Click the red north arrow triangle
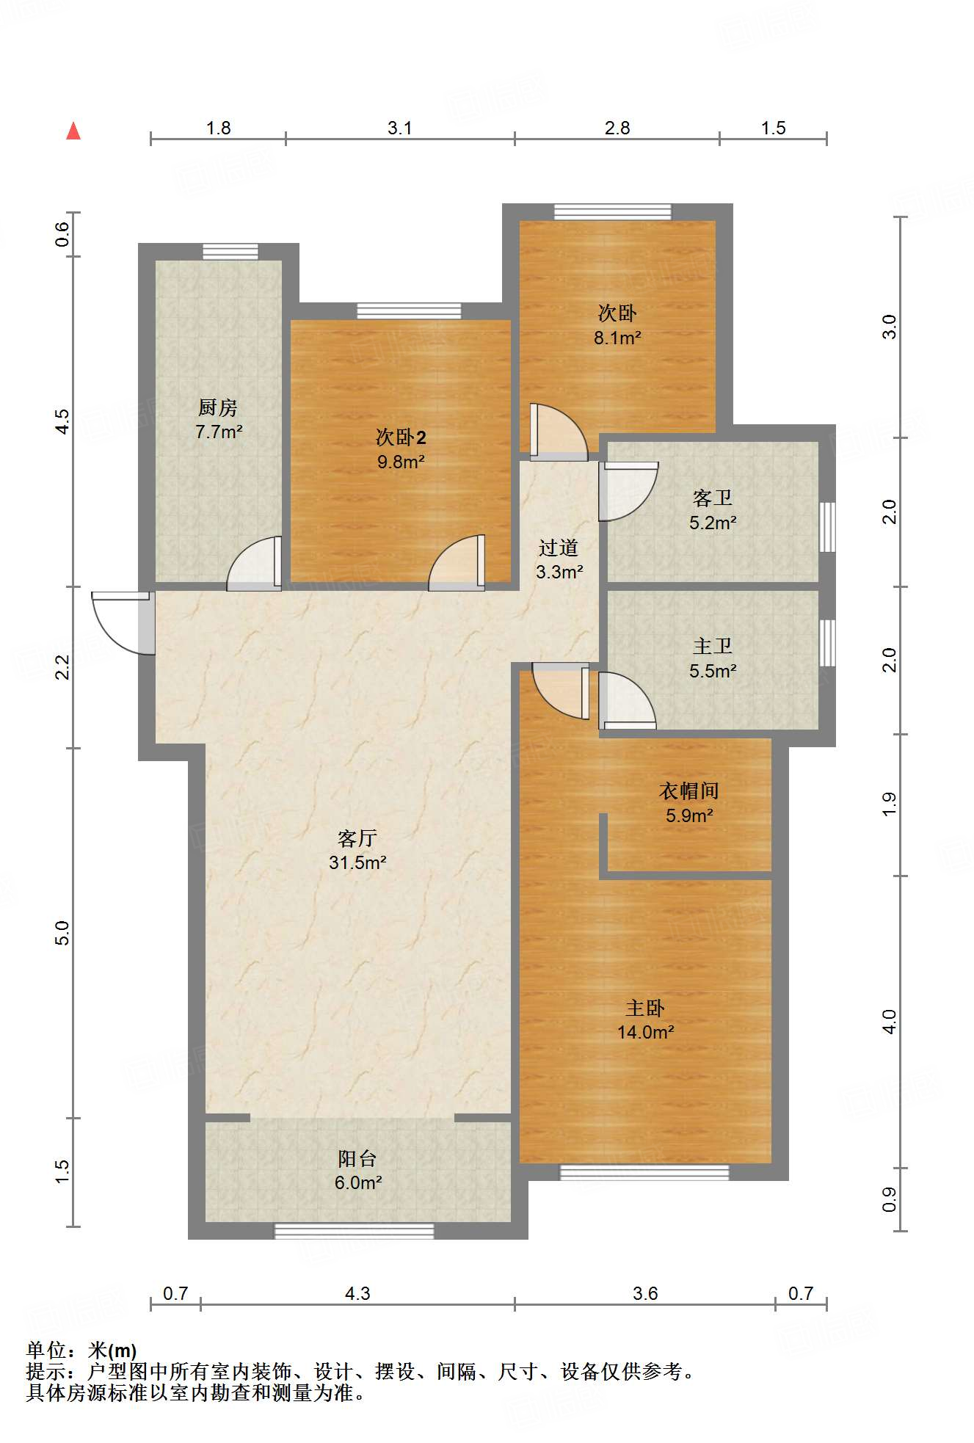[73, 131]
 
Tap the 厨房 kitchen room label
[218, 407]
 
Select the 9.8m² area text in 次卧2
[401, 462]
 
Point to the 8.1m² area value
[617, 338]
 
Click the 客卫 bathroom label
[713, 498]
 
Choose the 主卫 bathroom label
[713, 646]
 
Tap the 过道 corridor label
[559, 548]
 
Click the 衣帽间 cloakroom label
[689, 790]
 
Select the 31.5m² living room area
[357, 862]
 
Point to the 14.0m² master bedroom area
[646, 1032]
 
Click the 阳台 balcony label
[357, 1158]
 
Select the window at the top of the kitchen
[230, 252]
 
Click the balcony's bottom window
[355, 1231]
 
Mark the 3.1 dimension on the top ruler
[400, 128]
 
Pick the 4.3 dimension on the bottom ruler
[357, 1293]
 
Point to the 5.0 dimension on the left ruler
[62, 933]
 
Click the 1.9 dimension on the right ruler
[889, 804]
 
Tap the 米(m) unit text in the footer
[112, 1351]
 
